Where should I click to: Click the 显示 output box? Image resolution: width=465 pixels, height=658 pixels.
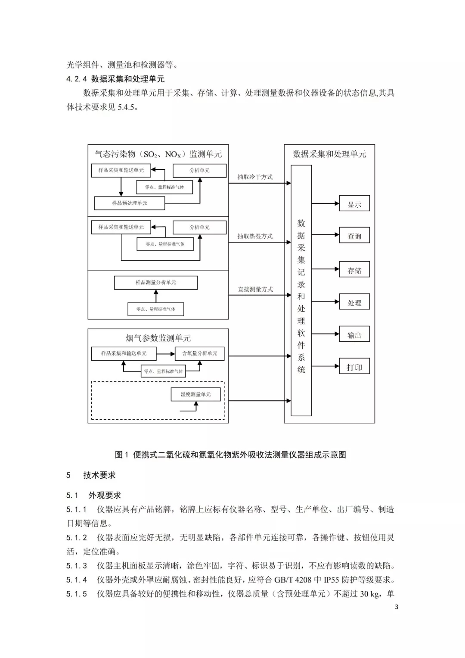tap(354, 204)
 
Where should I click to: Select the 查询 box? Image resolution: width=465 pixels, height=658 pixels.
tap(354, 236)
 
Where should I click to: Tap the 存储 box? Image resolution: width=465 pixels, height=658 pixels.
tap(354, 270)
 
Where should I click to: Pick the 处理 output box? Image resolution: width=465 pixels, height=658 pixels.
tap(354, 302)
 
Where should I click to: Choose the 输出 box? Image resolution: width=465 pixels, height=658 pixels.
tap(354, 335)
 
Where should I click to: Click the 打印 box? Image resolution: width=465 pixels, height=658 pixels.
tap(354, 367)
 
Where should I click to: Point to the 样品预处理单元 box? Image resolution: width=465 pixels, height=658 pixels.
tap(129, 203)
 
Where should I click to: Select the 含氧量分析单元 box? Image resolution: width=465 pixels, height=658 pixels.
tap(199, 353)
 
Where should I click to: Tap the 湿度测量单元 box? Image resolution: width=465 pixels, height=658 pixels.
tap(196, 394)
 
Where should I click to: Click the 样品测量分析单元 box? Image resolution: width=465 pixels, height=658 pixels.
tap(156, 283)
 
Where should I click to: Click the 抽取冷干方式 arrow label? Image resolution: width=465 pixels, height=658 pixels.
tap(255, 177)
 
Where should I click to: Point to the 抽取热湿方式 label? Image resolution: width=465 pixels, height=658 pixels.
tap(255, 236)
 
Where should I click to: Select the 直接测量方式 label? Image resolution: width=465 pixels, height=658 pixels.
tap(255, 289)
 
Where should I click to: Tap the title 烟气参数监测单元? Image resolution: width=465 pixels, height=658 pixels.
tap(158, 338)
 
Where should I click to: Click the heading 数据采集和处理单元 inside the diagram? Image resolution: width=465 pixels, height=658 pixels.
tap(329, 154)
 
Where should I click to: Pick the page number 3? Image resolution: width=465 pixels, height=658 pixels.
tap(397, 607)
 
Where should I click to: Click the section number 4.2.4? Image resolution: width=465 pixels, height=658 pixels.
tap(77, 79)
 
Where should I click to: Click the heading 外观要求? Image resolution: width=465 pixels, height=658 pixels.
tap(105, 496)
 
